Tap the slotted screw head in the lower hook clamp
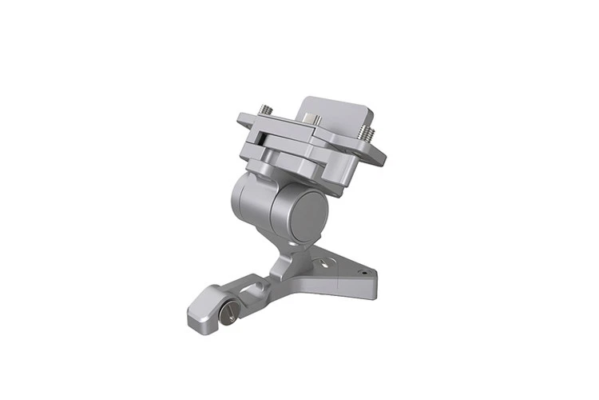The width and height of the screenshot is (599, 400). pyautogui.click(x=227, y=312)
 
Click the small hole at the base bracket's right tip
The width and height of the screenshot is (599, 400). pyautogui.click(x=363, y=273)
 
